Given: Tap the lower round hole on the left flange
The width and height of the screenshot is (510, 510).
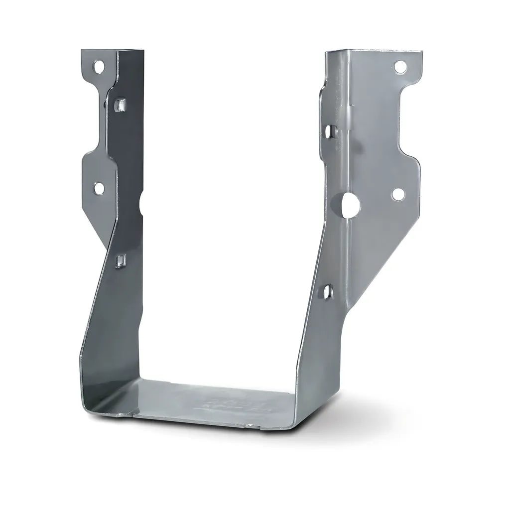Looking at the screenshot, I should point(99,188).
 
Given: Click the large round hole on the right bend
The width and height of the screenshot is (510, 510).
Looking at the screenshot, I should point(350,202).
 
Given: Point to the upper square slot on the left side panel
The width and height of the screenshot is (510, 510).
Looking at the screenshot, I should point(120,105).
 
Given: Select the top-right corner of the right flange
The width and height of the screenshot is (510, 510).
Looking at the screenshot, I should point(421,51).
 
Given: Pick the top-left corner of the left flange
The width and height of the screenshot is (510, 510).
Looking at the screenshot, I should point(82,49).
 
